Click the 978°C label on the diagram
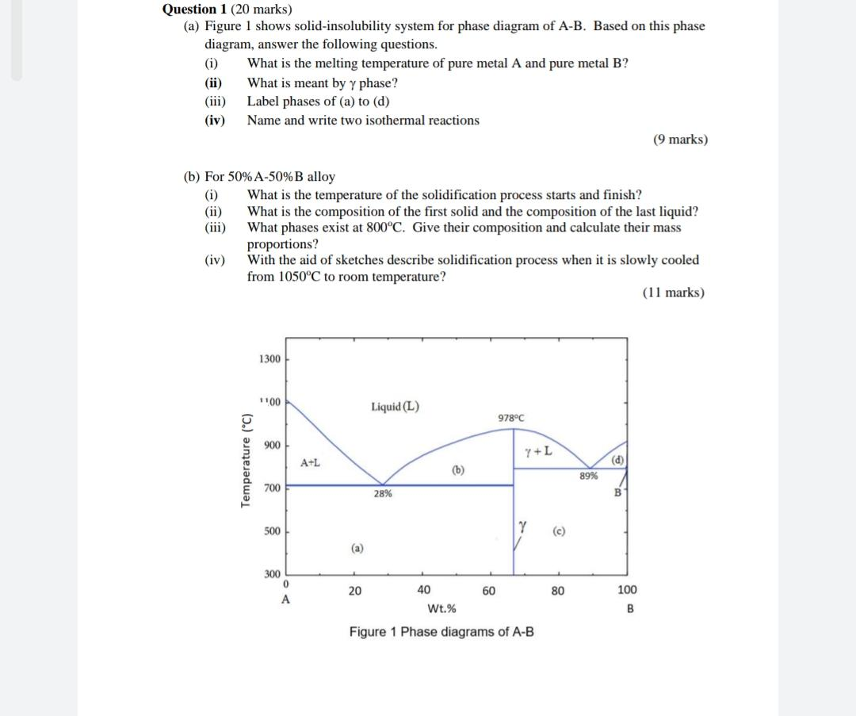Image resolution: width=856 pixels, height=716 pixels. (x=511, y=418)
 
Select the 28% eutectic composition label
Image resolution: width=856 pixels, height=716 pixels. (x=382, y=494)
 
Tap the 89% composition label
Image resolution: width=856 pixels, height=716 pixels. (x=588, y=476)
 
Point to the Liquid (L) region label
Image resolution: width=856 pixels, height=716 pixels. (x=395, y=407)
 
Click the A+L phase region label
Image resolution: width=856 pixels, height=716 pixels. (x=310, y=462)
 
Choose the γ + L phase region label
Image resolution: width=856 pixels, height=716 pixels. (x=538, y=451)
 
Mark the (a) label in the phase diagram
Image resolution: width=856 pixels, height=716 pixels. (x=357, y=547)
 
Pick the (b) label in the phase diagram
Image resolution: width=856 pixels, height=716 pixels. (x=458, y=469)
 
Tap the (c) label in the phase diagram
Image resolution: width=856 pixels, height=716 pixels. (x=559, y=530)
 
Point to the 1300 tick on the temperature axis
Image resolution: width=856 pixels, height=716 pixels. (x=269, y=359)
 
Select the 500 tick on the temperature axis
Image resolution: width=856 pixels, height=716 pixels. (x=271, y=531)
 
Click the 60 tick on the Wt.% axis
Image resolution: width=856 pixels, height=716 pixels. (x=489, y=590)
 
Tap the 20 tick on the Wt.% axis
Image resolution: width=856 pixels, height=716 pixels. (x=355, y=590)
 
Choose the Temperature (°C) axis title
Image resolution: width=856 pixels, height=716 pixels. (x=246, y=461)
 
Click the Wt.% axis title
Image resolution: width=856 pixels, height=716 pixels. (x=441, y=609)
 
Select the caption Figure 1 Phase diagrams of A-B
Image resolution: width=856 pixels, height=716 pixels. (x=441, y=632)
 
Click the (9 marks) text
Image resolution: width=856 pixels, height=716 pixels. (x=680, y=140)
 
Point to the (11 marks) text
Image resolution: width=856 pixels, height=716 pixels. (x=673, y=293)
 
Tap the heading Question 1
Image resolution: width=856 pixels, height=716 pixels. (x=195, y=10)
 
